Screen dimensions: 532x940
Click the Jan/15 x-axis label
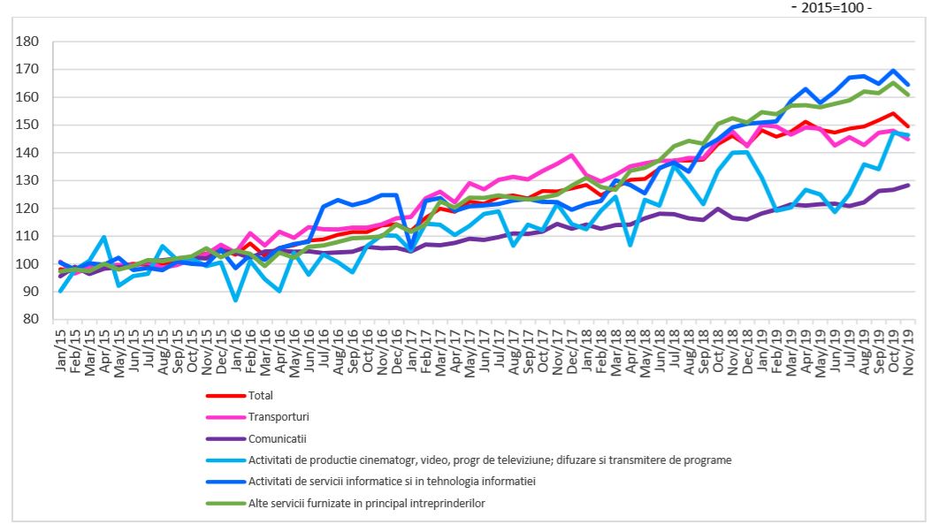pyautogui.click(x=61, y=353)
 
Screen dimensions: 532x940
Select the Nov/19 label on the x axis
pyautogui.click(x=907, y=353)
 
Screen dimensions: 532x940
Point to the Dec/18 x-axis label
pyautogui.click(x=746, y=353)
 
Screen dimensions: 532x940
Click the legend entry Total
pyautogui.click(x=263, y=396)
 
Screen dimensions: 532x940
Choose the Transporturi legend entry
pyautogui.click(x=279, y=417)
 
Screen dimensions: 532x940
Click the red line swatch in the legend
pyautogui.click(x=226, y=396)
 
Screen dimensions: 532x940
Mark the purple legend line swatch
pyautogui.click(x=226, y=438)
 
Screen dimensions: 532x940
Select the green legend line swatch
pyautogui.click(x=226, y=502)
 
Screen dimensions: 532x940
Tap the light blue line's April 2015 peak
pyautogui.click(x=104, y=237)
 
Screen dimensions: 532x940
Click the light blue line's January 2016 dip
pyautogui.click(x=236, y=300)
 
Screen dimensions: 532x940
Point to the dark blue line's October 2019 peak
pyautogui.click(x=893, y=71)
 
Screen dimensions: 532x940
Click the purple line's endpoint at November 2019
pyautogui.click(x=908, y=185)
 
